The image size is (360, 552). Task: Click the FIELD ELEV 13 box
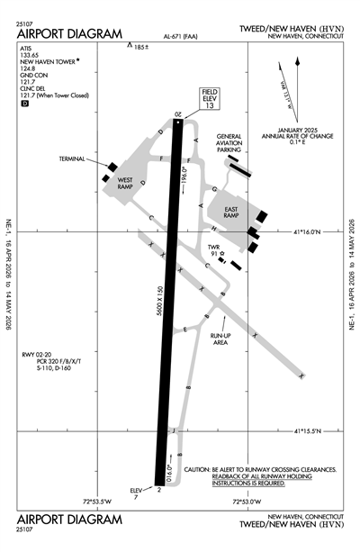point(210,100)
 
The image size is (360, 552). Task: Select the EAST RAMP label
point(223,213)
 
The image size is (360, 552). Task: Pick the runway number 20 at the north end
point(178,114)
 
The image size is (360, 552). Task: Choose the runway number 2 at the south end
point(158,489)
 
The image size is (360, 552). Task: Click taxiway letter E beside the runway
point(186,330)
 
